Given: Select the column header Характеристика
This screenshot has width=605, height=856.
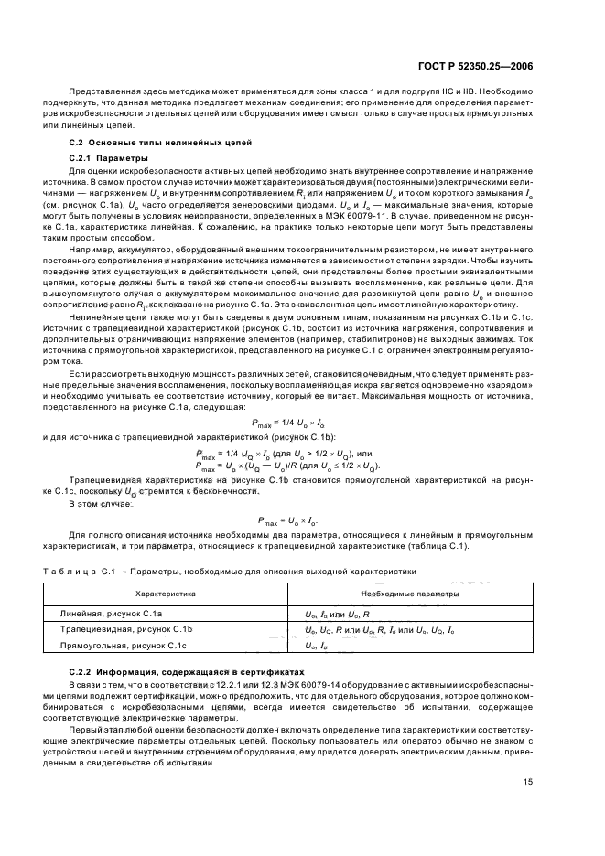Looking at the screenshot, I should click(x=167, y=593).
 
